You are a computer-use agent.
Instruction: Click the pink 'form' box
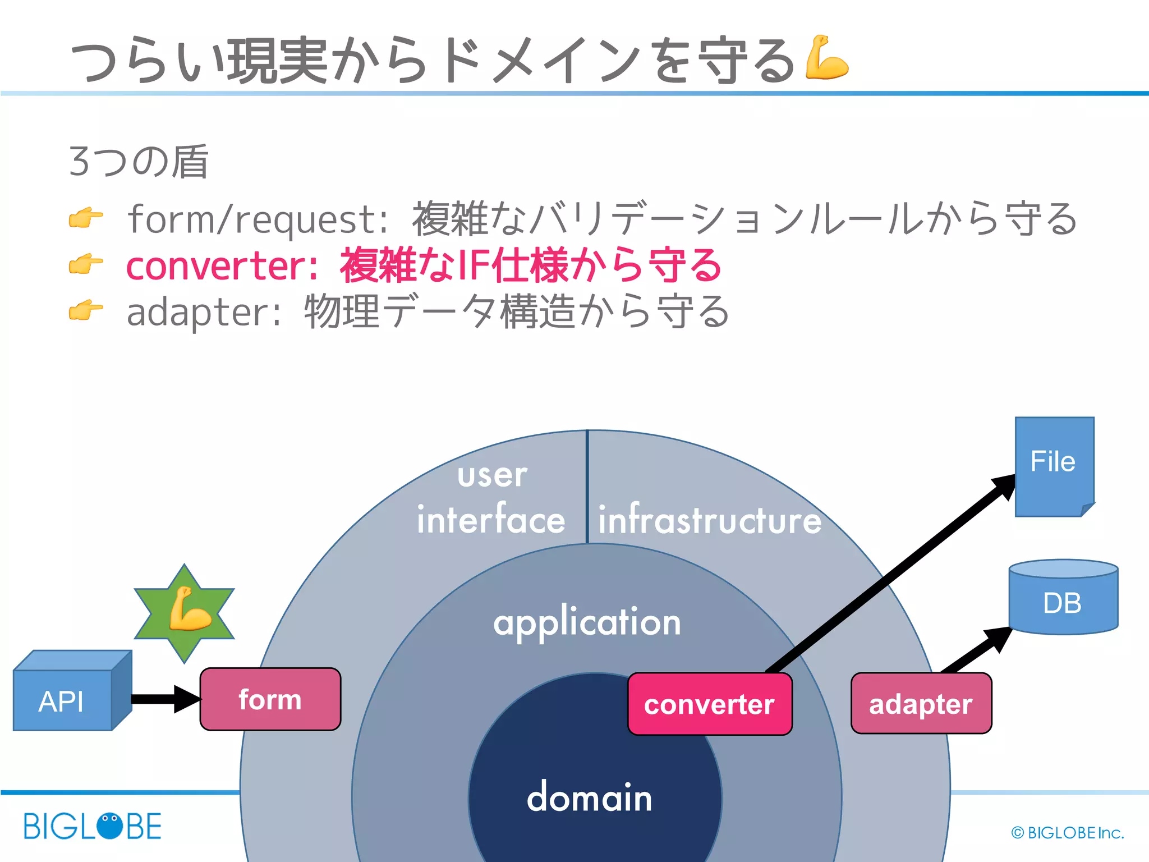[x=270, y=699]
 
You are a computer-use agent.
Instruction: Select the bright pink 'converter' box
[x=710, y=704]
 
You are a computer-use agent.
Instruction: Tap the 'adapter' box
[x=921, y=704]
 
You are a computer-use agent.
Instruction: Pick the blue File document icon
[x=1054, y=466]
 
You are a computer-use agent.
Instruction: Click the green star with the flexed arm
[x=185, y=614]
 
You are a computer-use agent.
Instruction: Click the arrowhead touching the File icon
[x=1004, y=486]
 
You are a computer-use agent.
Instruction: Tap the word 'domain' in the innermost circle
[x=589, y=797]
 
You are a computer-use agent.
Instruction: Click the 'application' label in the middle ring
[x=587, y=622]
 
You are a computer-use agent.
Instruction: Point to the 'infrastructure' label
[x=709, y=520]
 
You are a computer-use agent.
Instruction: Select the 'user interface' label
[x=491, y=498]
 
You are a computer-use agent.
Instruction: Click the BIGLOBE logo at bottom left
[x=93, y=826]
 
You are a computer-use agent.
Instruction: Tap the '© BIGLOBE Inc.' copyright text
[x=1067, y=833]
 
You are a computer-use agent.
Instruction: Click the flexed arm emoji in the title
[x=826, y=58]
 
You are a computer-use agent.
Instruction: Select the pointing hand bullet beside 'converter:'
[x=86, y=264]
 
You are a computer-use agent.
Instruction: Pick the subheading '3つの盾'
[x=139, y=162]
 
